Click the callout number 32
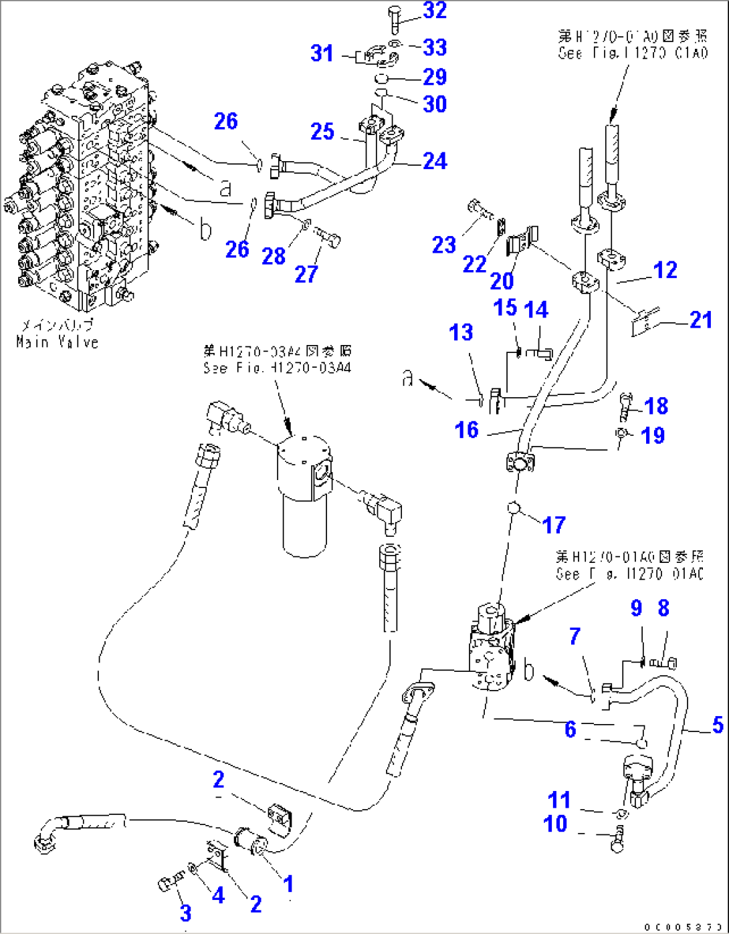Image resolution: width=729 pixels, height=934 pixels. [435, 11]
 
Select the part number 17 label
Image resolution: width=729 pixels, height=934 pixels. [554, 525]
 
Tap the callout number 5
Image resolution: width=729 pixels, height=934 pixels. [718, 724]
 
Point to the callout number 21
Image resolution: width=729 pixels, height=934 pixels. [700, 320]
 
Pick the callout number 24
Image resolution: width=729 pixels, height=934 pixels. [435, 160]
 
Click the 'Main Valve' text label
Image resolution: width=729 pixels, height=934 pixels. [58, 342]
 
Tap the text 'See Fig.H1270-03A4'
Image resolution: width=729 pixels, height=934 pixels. [278, 368]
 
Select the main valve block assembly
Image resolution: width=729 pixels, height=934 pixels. [87, 194]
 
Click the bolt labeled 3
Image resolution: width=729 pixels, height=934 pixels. [167, 883]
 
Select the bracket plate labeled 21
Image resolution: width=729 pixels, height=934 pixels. [645, 322]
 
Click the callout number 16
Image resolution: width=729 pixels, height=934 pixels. [466, 429]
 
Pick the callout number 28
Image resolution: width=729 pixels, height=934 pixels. [274, 255]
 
